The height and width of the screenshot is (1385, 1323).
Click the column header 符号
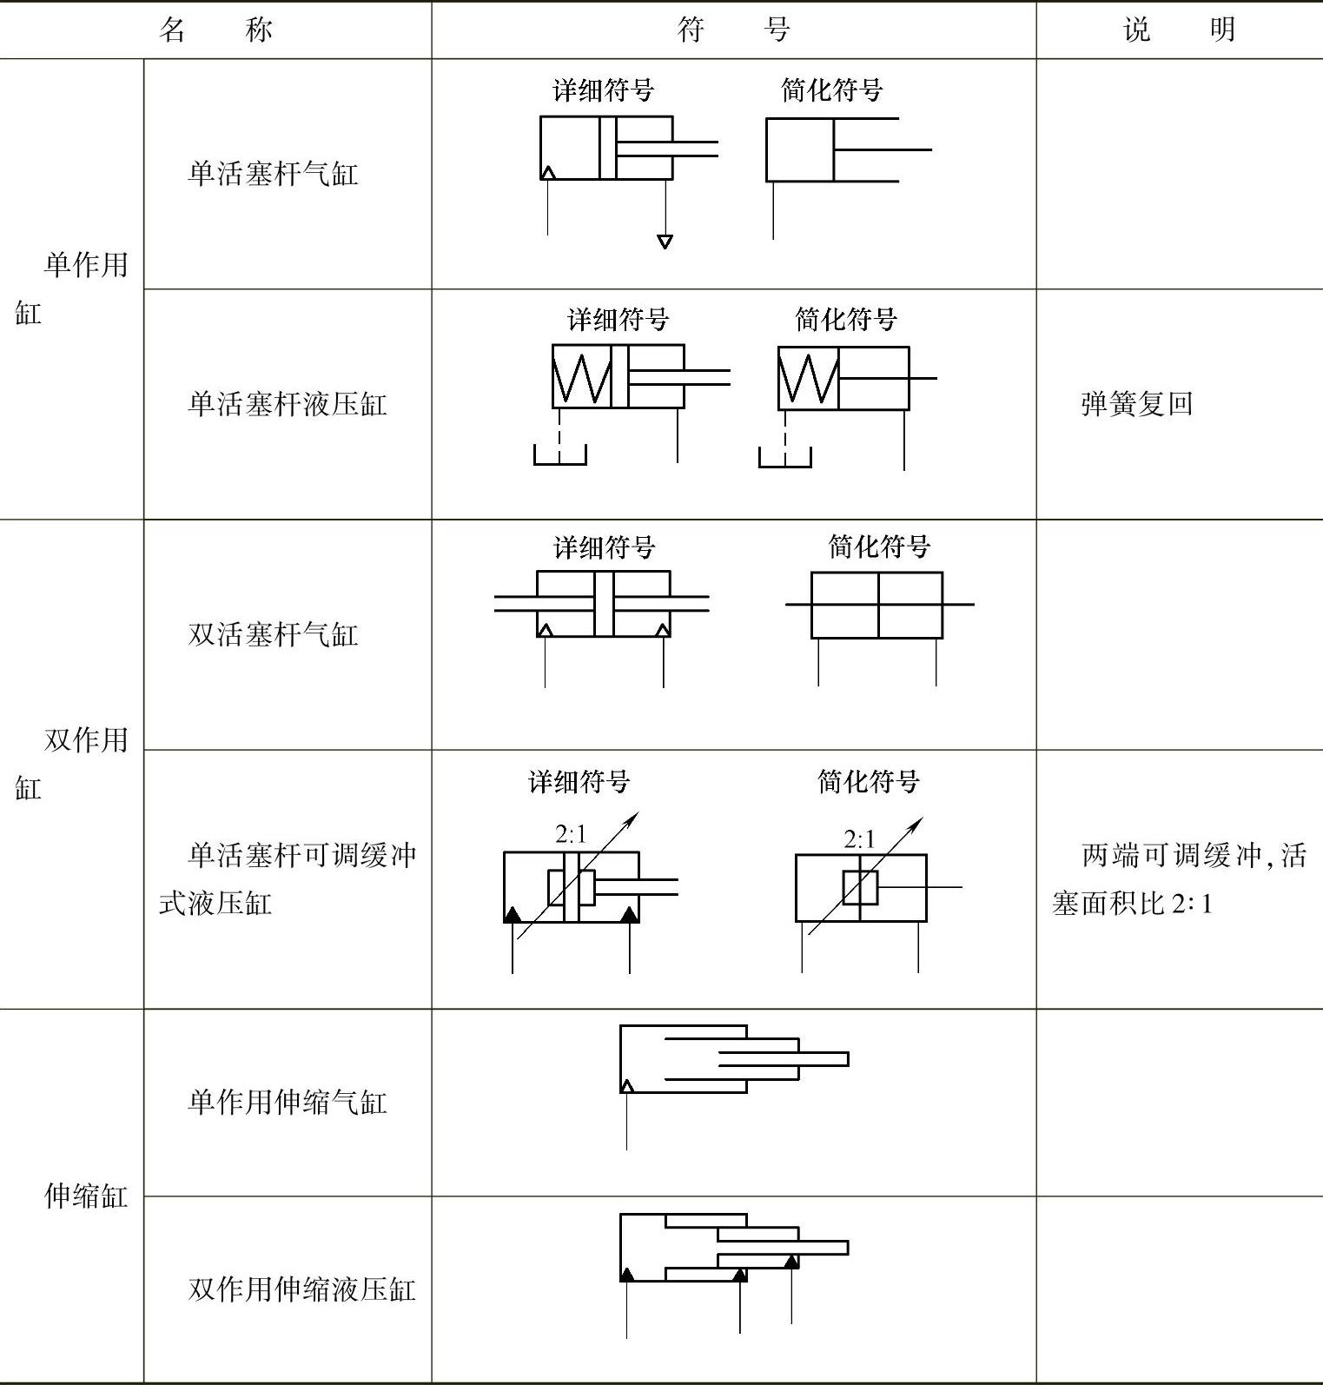[733, 30]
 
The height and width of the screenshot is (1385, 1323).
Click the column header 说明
[1179, 30]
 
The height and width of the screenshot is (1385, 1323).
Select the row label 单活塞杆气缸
[273, 174]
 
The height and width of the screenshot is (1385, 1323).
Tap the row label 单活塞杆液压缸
[287, 404]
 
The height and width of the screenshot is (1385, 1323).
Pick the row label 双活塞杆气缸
[273, 634]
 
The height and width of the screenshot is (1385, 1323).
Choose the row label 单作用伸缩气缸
[287, 1103]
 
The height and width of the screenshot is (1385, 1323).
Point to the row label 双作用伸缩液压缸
[301, 1289]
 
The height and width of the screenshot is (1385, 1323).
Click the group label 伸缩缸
[85, 1196]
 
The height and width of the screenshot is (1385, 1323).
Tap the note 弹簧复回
[1136, 404]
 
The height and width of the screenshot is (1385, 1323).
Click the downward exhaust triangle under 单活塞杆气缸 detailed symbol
[665, 242]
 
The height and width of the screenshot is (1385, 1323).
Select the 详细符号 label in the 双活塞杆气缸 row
[605, 547]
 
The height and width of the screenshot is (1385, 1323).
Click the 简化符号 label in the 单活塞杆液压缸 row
[845, 320]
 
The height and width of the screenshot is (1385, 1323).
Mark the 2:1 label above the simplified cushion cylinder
[859, 838]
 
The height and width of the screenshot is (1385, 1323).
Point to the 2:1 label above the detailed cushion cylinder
[571, 834]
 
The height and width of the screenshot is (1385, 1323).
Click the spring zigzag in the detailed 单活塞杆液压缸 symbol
[581, 378]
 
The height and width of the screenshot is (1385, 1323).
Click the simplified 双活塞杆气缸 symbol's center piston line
[878, 605]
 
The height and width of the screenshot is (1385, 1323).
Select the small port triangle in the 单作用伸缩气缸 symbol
[626, 1085]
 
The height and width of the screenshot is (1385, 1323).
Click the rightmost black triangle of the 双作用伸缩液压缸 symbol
[791, 1262]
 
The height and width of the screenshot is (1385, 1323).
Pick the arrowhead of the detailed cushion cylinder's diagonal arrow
[634, 816]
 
